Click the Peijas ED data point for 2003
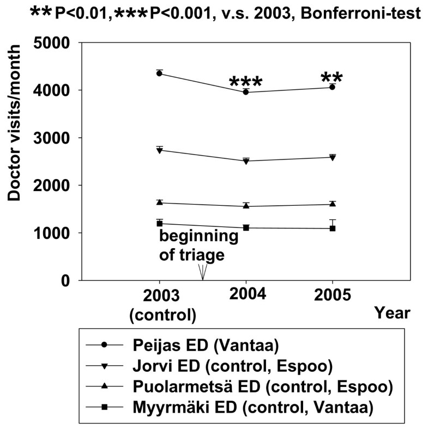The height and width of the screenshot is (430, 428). click(159, 73)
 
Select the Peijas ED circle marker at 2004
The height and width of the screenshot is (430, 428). click(246, 92)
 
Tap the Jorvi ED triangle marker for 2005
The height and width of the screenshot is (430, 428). click(333, 157)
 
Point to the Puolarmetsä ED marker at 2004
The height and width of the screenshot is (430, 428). click(246, 206)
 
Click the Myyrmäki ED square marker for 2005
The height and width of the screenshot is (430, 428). click(333, 228)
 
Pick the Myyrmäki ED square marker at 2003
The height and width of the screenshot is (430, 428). click(159, 224)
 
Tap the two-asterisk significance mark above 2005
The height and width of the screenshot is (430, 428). click(332, 77)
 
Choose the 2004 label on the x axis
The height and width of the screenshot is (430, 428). click(246, 296)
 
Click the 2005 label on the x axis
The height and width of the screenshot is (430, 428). click(333, 296)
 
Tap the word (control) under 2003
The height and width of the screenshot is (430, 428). click(161, 315)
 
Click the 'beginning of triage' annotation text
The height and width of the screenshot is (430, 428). click(198, 245)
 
